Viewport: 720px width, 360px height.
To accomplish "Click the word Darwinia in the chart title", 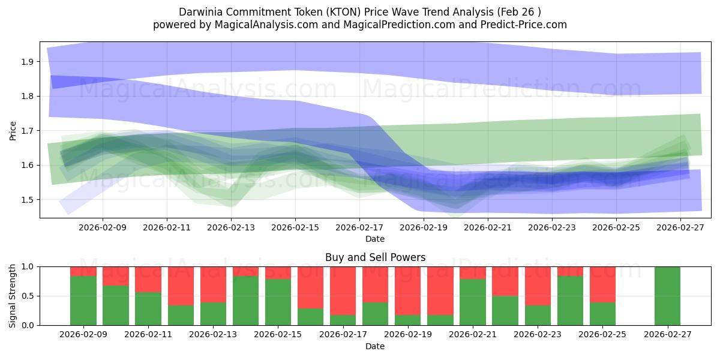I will pyautogui.click(x=199, y=12).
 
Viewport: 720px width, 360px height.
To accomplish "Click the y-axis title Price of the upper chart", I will pyautogui.click(x=13, y=130).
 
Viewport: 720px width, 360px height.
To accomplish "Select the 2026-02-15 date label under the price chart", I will pyautogui.click(x=295, y=228).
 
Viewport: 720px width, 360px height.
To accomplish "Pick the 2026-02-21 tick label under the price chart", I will pyautogui.click(x=488, y=228).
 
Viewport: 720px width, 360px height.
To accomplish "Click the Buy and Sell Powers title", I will pyautogui.click(x=375, y=257).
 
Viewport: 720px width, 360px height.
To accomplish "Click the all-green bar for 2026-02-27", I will pyautogui.click(x=667, y=296).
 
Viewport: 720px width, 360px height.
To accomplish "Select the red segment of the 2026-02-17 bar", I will pyautogui.click(x=343, y=291).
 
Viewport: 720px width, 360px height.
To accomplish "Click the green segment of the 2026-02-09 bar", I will pyautogui.click(x=83, y=301).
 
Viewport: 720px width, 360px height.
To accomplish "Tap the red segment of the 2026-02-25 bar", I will pyautogui.click(x=602, y=284).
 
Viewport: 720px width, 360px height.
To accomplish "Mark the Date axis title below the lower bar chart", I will pyautogui.click(x=375, y=346).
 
